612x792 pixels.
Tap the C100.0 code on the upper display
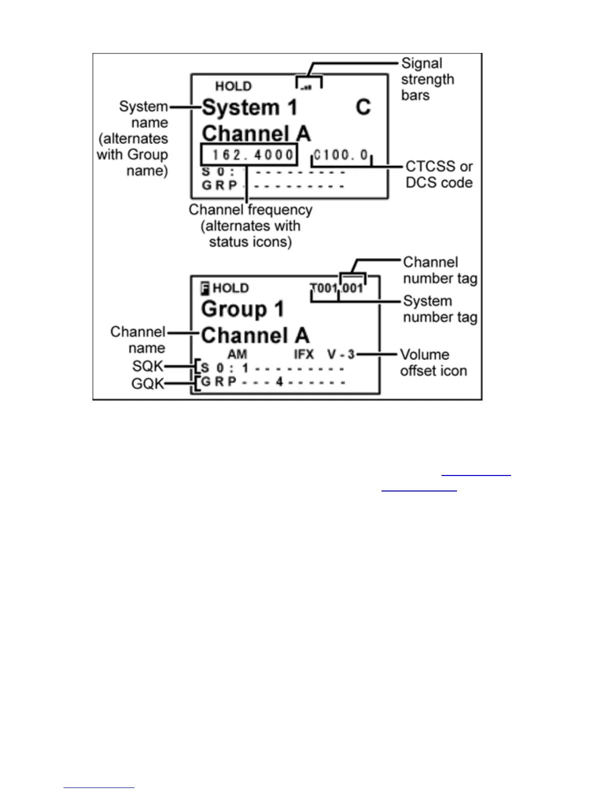coord(341,155)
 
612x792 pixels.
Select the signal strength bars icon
coord(306,87)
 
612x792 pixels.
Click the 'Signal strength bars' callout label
coord(427,79)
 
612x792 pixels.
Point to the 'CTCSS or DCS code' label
coord(438,174)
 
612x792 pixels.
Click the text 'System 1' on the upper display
coord(249,107)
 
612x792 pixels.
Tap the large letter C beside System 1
coord(363,107)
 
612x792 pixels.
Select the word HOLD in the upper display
coord(233,86)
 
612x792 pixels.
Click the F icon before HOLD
coord(204,288)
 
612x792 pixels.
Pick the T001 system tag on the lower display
coord(323,288)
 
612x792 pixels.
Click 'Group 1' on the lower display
coord(242,309)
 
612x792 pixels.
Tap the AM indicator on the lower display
coord(237,354)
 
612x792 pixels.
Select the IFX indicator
coord(303,354)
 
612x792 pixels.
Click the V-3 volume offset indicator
coord(341,354)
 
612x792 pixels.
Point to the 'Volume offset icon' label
coord(433,362)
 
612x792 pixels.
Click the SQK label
coord(147,366)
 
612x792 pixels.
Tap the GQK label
coord(147,383)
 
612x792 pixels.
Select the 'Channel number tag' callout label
coord(439,270)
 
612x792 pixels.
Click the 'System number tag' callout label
coord(439,309)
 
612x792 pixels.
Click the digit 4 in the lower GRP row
coord(279,382)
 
